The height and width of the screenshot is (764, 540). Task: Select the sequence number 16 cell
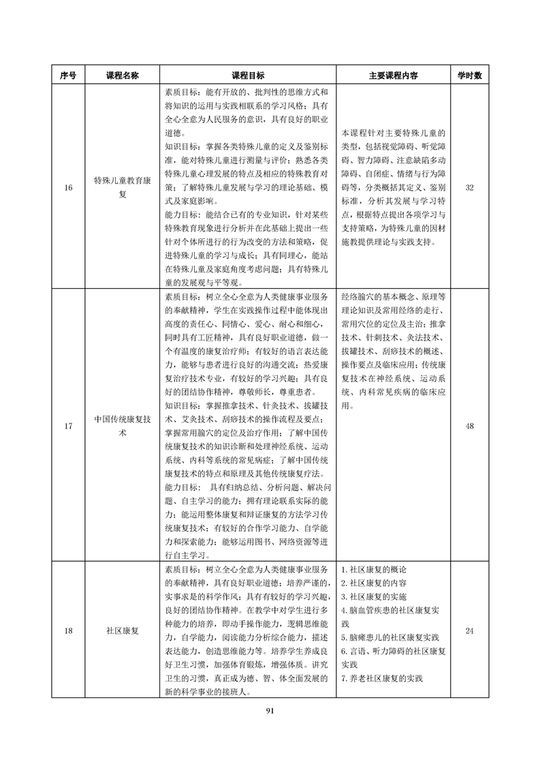pos(68,187)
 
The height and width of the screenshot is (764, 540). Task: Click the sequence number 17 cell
pos(68,426)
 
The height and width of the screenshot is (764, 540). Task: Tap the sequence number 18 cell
pos(68,631)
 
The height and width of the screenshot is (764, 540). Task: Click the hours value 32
pos(469,187)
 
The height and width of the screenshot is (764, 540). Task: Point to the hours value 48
pos(469,426)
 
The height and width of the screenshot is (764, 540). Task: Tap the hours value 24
pos(469,631)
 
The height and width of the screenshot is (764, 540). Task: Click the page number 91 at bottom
pos(270,710)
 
